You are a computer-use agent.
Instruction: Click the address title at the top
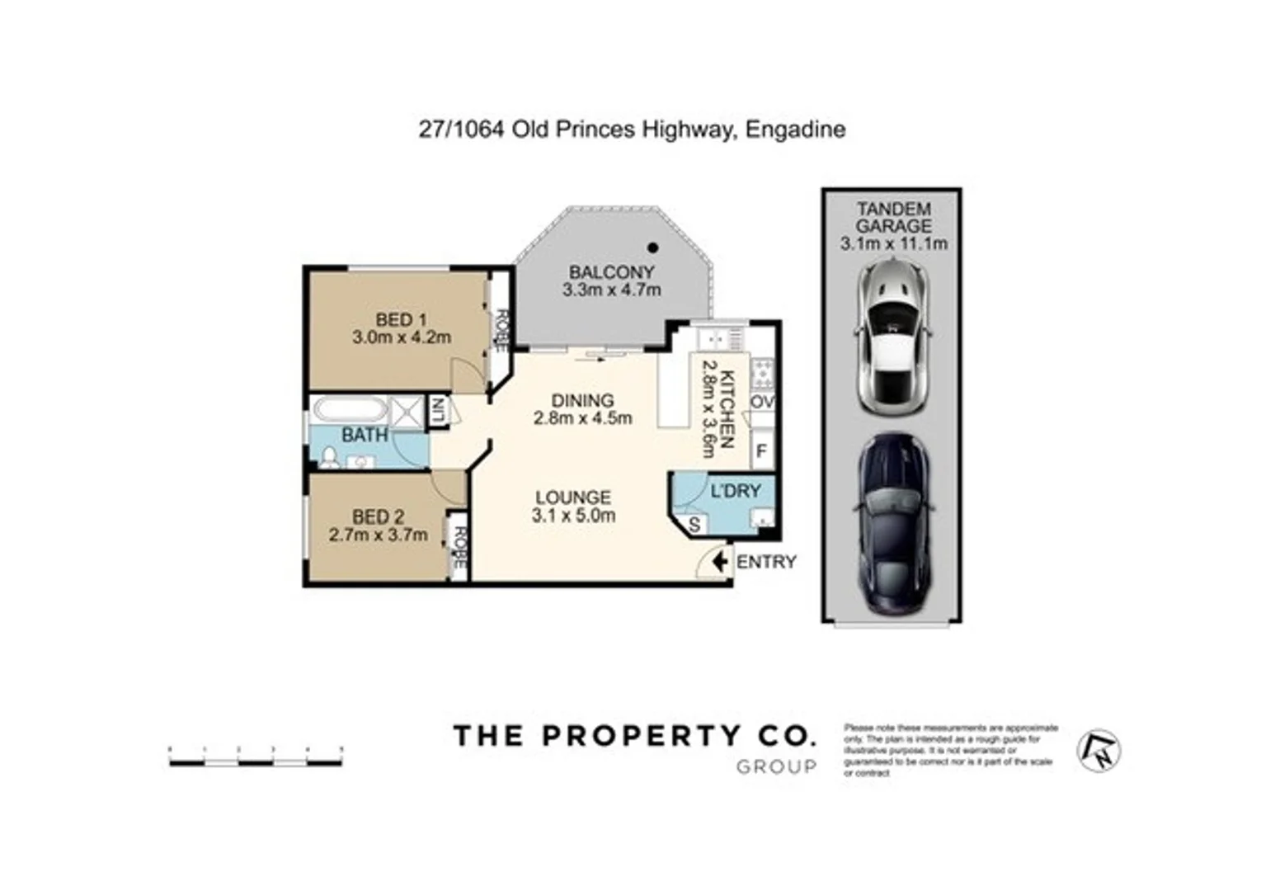(632, 130)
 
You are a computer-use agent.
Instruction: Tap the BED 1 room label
(401, 319)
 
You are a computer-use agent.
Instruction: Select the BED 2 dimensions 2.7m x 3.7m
(378, 535)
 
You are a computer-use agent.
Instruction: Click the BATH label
(365, 435)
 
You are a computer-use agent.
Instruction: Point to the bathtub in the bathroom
(350, 410)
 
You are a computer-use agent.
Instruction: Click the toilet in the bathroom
(329, 458)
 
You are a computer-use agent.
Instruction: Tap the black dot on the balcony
(652, 247)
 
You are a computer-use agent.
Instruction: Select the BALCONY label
(611, 271)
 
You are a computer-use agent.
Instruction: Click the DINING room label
(582, 400)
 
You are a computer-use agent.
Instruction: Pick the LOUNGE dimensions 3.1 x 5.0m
(573, 516)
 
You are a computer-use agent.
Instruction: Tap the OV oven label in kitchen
(762, 402)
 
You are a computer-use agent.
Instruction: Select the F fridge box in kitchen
(762, 451)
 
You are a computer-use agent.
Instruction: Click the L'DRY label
(736, 491)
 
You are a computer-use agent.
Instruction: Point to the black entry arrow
(719, 562)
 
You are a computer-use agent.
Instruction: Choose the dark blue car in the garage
(894, 524)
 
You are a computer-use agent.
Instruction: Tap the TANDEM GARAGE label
(893, 218)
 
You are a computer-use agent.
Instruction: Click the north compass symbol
(1099, 750)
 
